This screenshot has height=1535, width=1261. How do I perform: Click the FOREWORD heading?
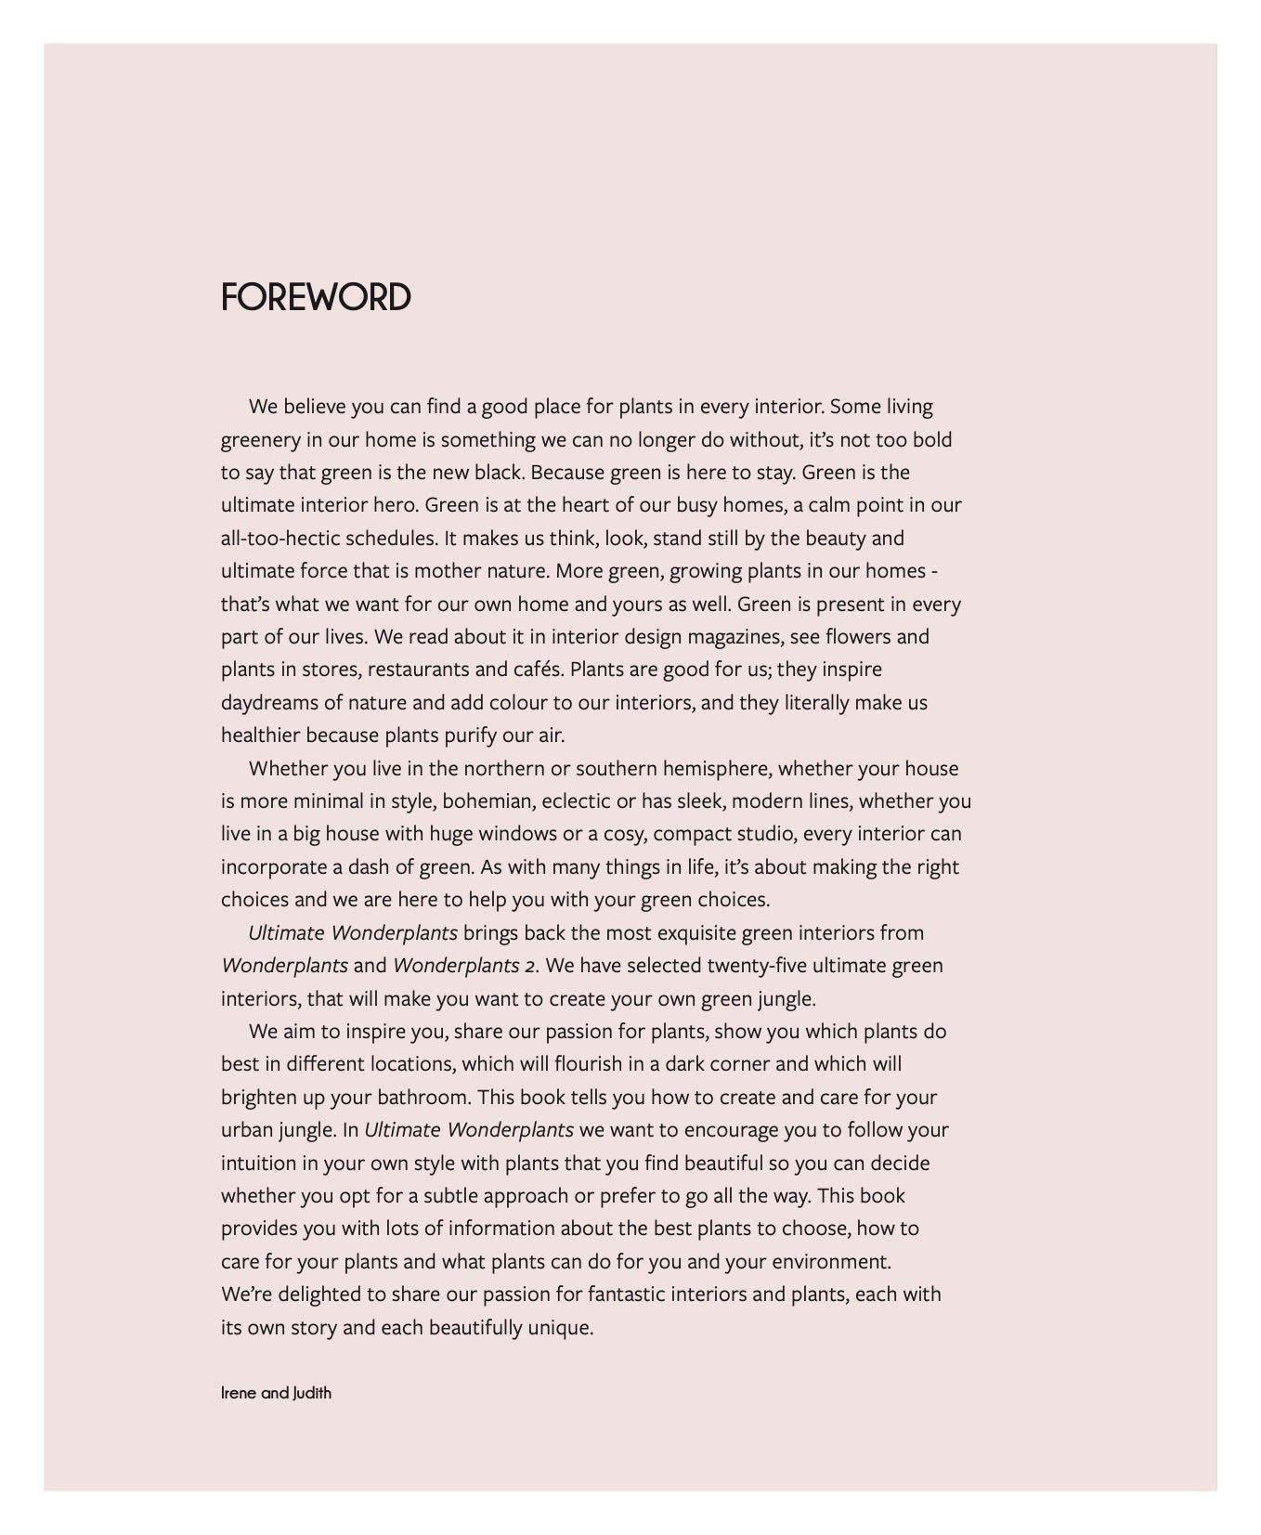pos(316,297)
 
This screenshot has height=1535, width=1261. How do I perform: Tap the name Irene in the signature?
pos(240,1393)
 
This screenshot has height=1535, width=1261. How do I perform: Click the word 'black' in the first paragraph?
pos(500,473)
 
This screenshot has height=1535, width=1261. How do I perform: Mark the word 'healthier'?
pos(261,735)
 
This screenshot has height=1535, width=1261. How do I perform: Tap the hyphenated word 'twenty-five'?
pos(757,966)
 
